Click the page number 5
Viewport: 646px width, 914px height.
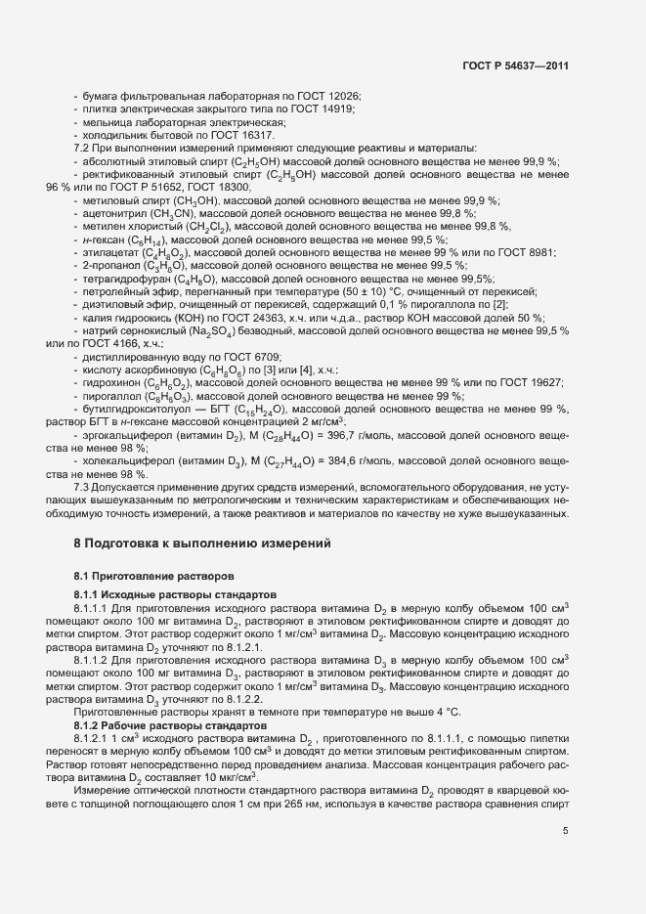point(565,830)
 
